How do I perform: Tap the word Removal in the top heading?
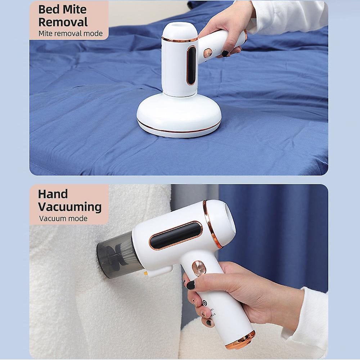(x=63, y=22)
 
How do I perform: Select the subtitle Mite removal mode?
(x=71, y=33)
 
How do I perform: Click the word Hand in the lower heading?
(x=53, y=194)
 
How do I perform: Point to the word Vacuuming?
(x=70, y=207)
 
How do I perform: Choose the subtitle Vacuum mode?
(x=63, y=219)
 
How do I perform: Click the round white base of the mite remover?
(x=179, y=116)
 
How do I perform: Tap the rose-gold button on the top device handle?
(x=208, y=53)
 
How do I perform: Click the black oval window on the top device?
(x=191, y=65)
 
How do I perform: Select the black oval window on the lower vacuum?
(x=176, y=235)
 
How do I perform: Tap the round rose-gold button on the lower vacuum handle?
(x=198, y=268)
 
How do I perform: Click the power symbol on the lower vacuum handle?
(x=205, y=303)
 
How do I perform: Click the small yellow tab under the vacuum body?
(x=145, y=273)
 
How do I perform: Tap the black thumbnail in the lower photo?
(x=190, y=285)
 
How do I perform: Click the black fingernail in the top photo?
(x=225, y=54)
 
